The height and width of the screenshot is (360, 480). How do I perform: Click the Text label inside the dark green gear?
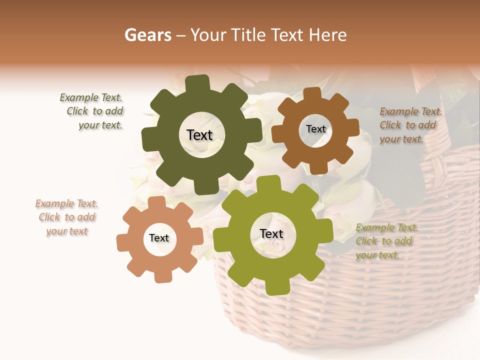point(199,135)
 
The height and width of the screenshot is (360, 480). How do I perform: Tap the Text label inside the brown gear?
point(315,129)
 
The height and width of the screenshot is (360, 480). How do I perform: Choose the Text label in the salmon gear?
point(159,238)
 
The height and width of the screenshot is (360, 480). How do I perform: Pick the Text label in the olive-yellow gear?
point(271,233)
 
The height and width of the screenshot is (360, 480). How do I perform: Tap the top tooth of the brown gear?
point(312,93)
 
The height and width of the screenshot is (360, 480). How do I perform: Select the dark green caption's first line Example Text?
point(90,98)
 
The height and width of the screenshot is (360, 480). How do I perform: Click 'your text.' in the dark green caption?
point(100,125)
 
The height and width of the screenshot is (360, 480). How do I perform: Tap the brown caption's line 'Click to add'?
point(407,125)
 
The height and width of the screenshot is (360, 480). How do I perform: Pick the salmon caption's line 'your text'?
point(67,231)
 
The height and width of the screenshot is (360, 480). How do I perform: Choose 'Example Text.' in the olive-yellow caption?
point(386,227)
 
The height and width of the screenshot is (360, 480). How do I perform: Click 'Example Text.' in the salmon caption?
point(66,203)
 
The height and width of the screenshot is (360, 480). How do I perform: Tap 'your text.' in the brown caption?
point(401,138)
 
